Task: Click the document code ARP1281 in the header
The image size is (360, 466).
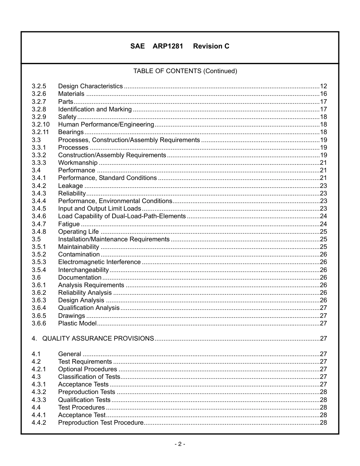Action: [x=168, y=46]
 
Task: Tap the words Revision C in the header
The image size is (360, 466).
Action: [x=211, y=46]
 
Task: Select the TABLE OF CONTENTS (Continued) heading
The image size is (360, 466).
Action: [x=185, y=71]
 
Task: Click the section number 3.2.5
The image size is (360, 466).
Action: [x=39, y=86]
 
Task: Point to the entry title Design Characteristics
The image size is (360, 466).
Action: [x=90, y=86]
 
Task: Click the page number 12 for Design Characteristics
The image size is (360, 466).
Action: [x=323, y=86]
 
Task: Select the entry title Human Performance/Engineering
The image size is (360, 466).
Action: [x=106, y=125]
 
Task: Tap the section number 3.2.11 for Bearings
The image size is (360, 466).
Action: [x=40, y=132]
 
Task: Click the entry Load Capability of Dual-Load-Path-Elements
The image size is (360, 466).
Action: [x=122, y=216]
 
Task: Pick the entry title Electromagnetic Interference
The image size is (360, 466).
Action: [x=99, y=262]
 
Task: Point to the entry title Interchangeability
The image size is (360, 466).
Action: [x=83, y=270]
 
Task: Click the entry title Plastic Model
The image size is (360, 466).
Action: [x=77, y=323]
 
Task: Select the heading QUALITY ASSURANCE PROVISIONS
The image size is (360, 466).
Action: [x=98, y=339]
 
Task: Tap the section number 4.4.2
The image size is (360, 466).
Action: [x=39, y=423]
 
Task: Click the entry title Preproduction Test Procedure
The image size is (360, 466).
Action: [x=101, y=423]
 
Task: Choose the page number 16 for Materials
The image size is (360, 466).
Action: [x=323, y=94]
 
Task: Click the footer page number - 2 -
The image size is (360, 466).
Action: [x=180, y=444]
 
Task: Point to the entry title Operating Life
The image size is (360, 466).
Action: [x=78, y=231]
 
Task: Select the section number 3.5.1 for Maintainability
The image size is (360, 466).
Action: [x=39, y=247]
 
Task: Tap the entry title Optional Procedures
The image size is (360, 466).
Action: [x=88, y=369]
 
